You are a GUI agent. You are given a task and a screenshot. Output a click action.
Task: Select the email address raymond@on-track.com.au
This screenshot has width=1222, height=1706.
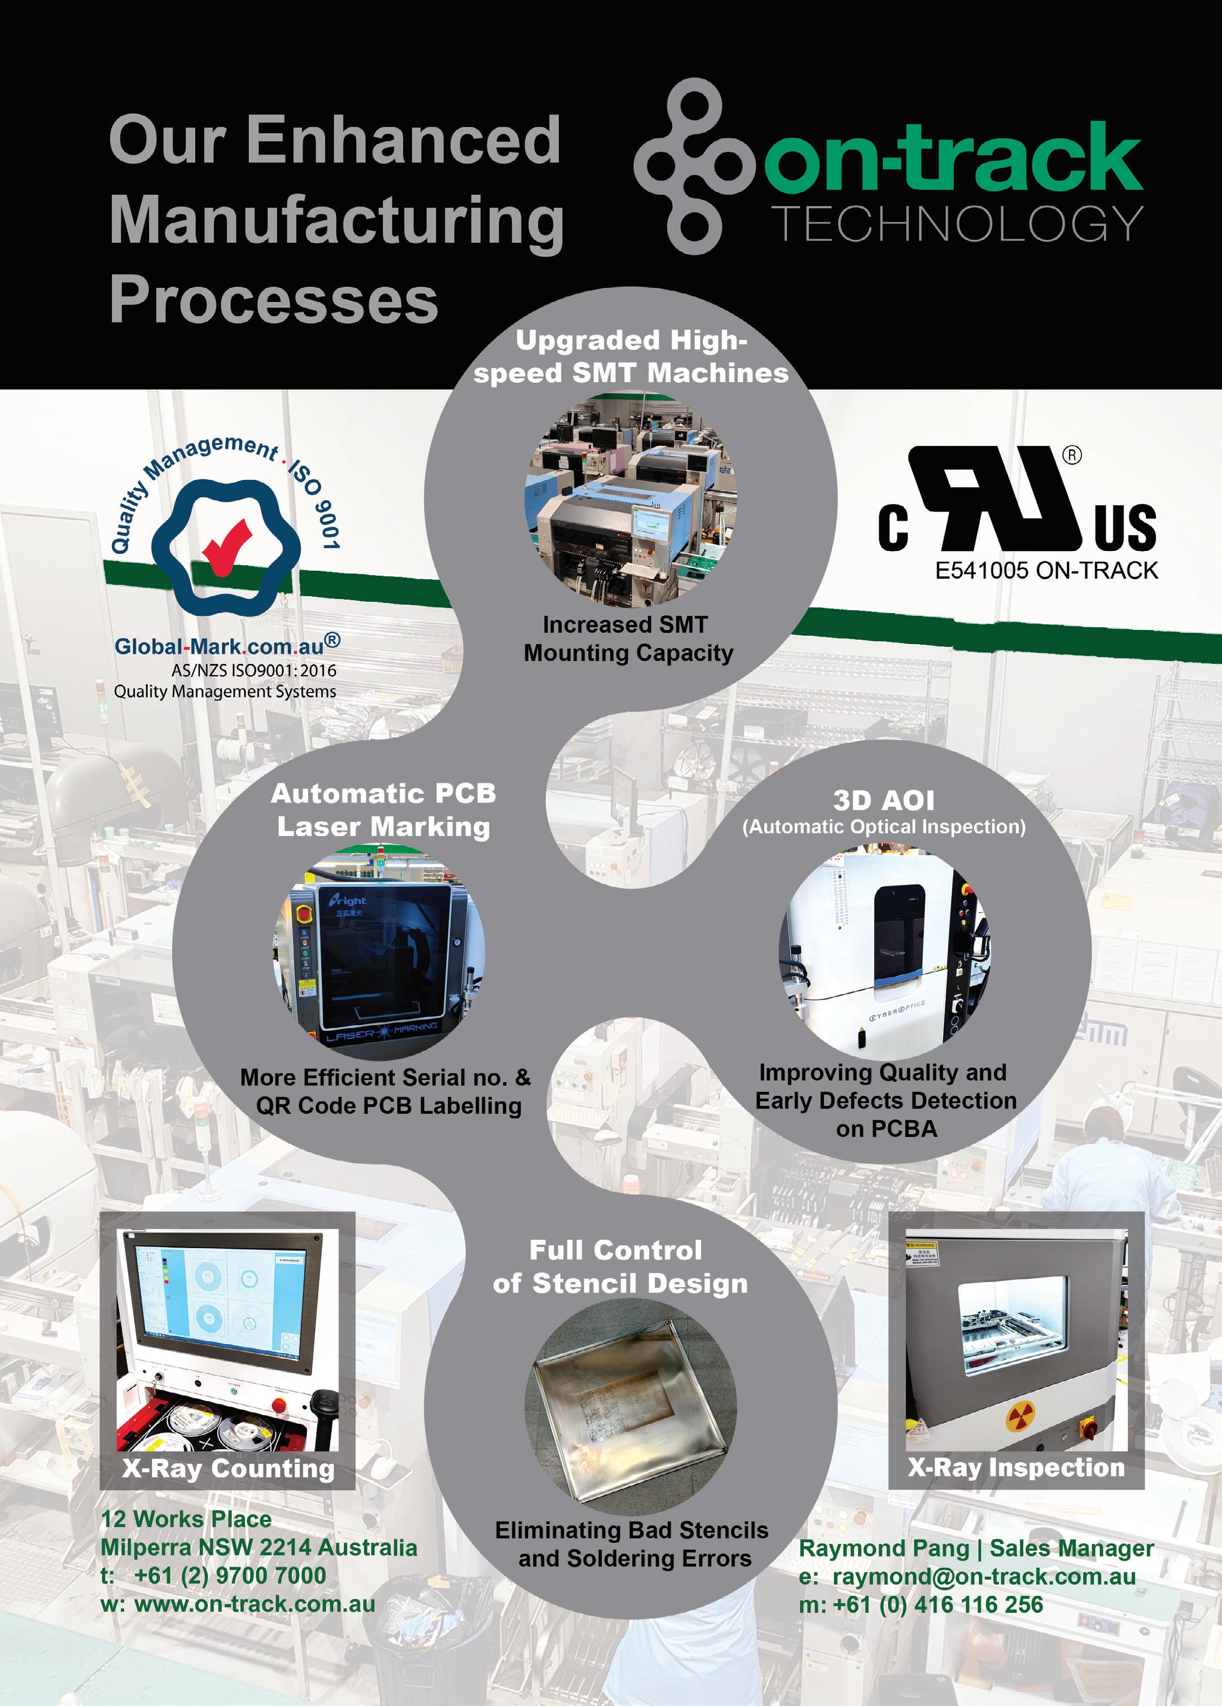pos(984,1576)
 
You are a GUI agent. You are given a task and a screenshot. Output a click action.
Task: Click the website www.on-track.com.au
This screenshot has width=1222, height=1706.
pos(254,1604)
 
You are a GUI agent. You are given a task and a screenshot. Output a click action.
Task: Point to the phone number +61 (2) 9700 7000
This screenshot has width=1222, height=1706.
pos(229,1575)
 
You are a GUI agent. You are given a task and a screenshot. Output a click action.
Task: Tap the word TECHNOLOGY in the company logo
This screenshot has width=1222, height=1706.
pos(957,224)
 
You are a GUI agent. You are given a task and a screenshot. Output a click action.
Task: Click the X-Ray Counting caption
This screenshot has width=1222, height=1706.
pos(228,1468)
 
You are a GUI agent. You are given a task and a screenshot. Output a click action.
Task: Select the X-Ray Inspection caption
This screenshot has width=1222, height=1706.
pos(1016,1468)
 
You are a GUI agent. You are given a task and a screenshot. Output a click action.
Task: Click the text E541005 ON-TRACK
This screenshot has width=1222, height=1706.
pos(1046,571)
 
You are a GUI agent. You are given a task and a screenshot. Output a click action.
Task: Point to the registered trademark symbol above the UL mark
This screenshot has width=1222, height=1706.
pos(1072,455)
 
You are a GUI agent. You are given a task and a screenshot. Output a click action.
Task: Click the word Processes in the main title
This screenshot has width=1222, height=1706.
pos(274,299)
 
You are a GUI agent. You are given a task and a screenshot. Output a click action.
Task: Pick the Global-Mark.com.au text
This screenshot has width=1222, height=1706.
pos(219,646)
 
